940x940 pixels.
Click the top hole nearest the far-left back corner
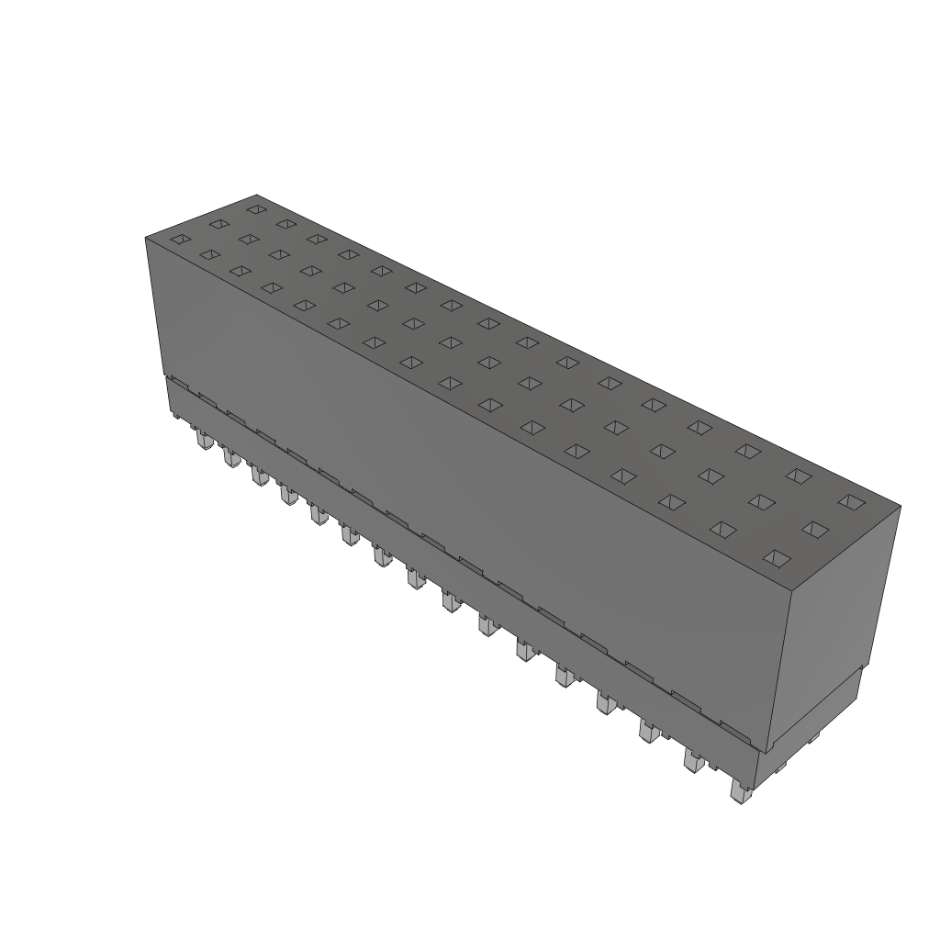255,209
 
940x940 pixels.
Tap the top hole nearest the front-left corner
181,240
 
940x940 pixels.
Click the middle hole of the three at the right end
814,529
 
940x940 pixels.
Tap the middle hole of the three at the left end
218,223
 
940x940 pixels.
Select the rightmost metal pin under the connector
739,791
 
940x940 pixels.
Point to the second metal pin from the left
229,457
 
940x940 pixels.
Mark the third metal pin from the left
260,476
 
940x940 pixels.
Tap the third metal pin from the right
649,731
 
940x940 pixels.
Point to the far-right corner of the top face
900,506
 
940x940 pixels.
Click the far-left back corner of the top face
257,196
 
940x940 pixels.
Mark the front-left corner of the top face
146,238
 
